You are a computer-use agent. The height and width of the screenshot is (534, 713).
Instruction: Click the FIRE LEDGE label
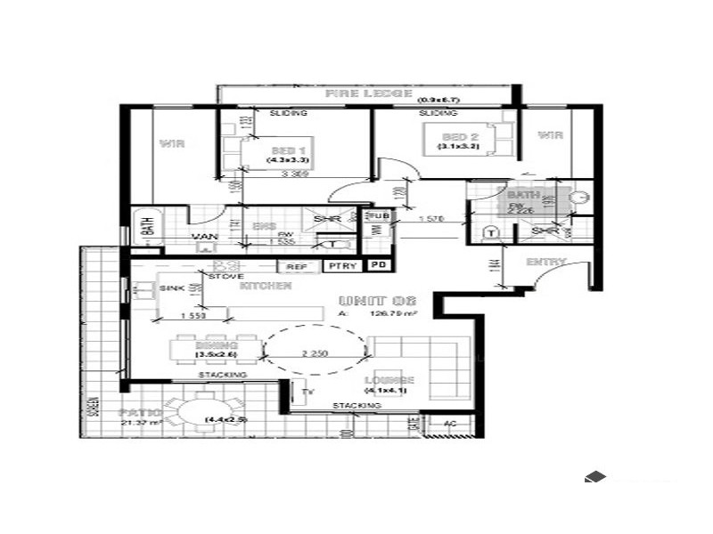point(368,93)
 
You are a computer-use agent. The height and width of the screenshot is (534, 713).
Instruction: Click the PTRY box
point(341,265)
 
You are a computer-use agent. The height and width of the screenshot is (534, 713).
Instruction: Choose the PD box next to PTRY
point(379,265)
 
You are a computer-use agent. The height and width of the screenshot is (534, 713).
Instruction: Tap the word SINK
point(172,289)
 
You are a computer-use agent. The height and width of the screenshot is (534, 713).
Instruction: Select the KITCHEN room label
point(265,287)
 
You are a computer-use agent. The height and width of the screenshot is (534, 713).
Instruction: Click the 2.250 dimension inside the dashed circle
point(315,353)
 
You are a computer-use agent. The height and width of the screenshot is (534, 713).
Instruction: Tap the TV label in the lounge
point(308,391)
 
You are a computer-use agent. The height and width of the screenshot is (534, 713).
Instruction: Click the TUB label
point(379,216)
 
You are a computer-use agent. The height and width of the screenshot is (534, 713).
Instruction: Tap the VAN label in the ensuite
point(205,237)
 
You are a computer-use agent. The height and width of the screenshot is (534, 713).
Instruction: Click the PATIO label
point(140,413)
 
